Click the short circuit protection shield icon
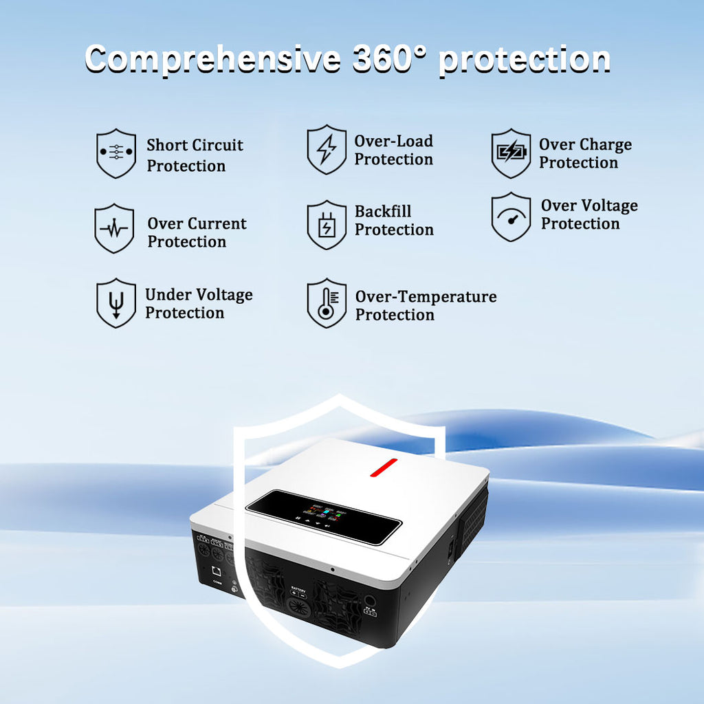pos(115,153)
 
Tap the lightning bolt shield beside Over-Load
pos(327,149)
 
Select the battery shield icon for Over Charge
pos(511,153)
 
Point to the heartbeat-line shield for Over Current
pos(114,228)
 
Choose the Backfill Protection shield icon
pos(327,225)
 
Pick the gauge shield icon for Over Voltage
pos(511,217)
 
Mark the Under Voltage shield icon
pos(115,302)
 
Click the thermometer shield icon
pos(327,303)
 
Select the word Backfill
pos(383,212)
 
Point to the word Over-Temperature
pos(426,297)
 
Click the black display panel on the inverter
pos(324,518)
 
